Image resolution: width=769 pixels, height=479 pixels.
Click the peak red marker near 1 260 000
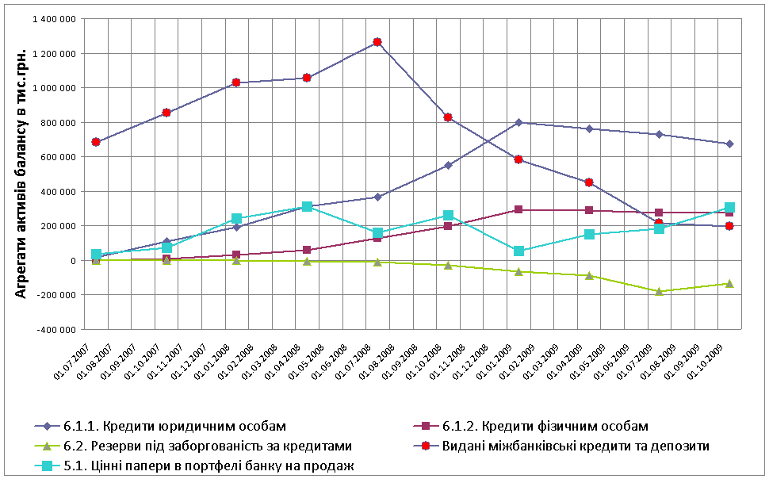(x=377, y=42)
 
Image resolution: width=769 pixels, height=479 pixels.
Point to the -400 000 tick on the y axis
(x=54, y=329)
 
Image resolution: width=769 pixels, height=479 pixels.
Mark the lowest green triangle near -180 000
(x=659, y=291)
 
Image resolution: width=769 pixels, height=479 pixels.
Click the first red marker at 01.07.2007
(x=96, y=142)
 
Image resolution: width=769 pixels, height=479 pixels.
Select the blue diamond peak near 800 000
(x=518, y=122)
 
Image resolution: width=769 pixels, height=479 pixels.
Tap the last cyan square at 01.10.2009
(x=729, y=208)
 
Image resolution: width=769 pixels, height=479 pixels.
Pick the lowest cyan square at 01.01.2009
(x=518, y=251)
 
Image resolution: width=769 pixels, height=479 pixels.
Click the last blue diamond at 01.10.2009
(x=729, y=144)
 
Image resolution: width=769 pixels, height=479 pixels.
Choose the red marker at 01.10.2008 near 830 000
(x=448, y=117)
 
